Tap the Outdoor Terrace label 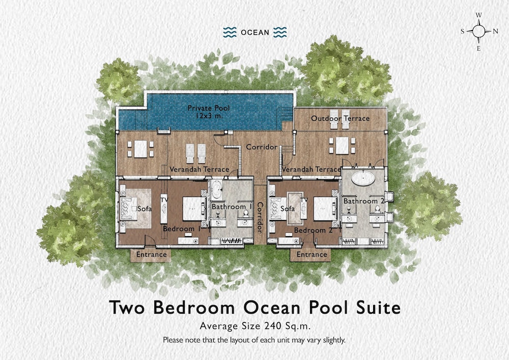click(340, 119)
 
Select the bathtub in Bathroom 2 click(363, 178)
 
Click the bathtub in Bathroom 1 click(216, 189)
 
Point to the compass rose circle click(478, 32)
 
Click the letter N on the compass click(495, 32)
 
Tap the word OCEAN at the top click(255, 33)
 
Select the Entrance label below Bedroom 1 click(151, 254)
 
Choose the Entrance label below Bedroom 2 click(312, 254)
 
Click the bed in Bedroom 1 click(194, 209)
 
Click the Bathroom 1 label click(232, 207)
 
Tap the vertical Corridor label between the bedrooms click(260, 217)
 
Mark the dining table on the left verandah click(140, 149)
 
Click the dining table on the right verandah click(342, 146)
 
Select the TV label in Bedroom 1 click(164, 200)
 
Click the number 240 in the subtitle click(273, 325)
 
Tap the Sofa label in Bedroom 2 click(288, 209)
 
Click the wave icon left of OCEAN click(230, 33)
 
